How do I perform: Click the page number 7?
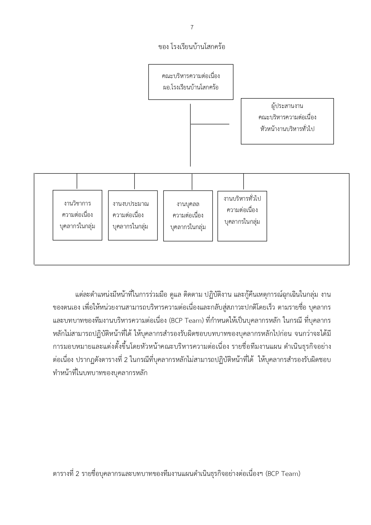(192, 28)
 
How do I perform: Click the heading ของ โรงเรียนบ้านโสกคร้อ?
(192, 47)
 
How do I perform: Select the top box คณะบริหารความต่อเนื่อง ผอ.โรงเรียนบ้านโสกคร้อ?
(191, 82)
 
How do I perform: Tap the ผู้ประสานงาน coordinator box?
(287, 121)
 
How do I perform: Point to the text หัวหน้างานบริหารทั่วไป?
(287, 129)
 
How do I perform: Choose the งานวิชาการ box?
(77, 215)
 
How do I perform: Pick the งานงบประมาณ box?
(133, 215)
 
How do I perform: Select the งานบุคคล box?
(188, 216)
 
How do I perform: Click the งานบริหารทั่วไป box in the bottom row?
(242, 216)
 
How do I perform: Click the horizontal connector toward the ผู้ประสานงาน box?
(210, 124)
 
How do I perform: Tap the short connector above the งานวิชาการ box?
(77, 181)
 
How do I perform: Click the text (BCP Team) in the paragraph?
(186, 321)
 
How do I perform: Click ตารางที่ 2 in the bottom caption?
(65, 474)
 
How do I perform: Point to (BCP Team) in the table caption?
(283, 474)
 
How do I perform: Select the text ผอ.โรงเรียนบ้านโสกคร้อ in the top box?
(191, 88)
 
